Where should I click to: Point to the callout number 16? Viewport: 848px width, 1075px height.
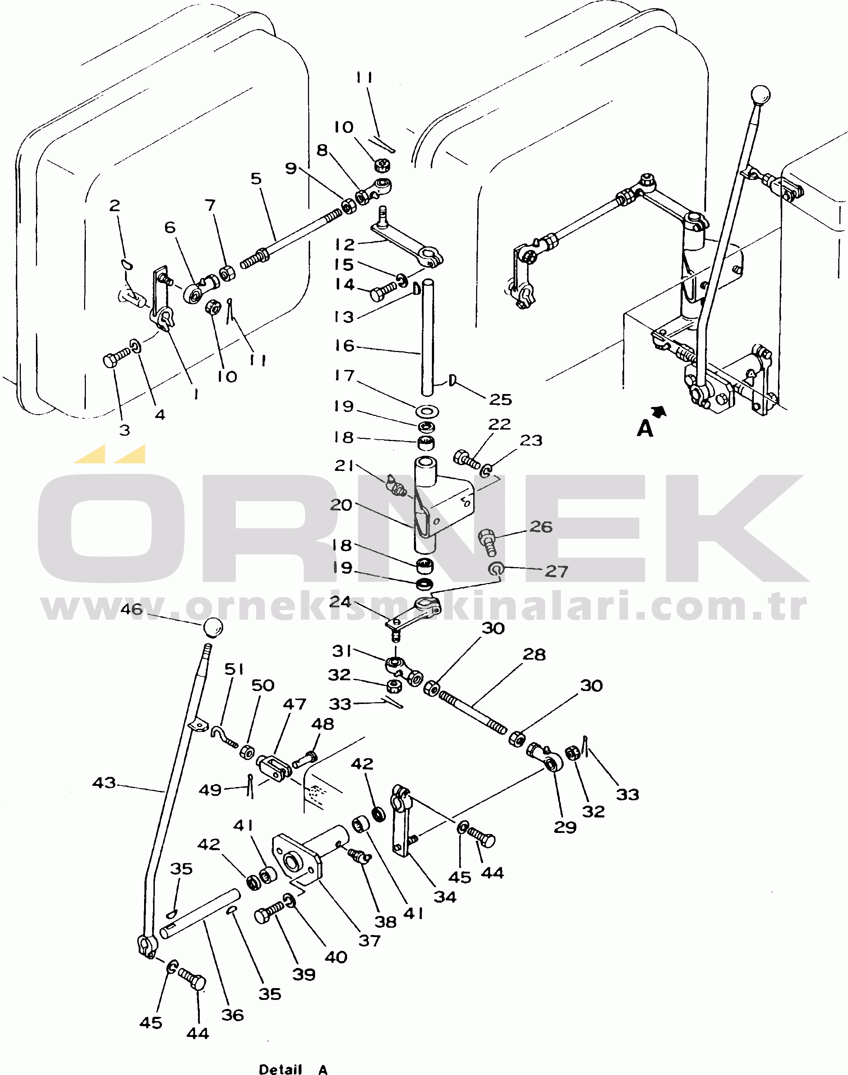tap(345, 346)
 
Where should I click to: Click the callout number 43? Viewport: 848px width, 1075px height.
tap(104, 783)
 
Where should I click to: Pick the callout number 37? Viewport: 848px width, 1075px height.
tap(369, 941)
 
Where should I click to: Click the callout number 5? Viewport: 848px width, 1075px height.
tap(256, 179)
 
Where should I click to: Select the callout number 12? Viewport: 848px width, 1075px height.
tap(345, 245)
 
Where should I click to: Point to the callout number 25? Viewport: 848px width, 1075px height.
tap(501, 399)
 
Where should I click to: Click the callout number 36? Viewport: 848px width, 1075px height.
tap(232, 1015)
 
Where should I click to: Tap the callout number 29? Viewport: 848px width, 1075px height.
tap(565, 827)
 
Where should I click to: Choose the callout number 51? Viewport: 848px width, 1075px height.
tap(234, 669)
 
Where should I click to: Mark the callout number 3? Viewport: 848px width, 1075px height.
tap(125, 430)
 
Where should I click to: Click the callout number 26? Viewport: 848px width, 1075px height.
tap(541, 527)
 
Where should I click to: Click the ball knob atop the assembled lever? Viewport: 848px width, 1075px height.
tap(760, 94)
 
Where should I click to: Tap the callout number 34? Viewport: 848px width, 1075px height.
tap(445, 897)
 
